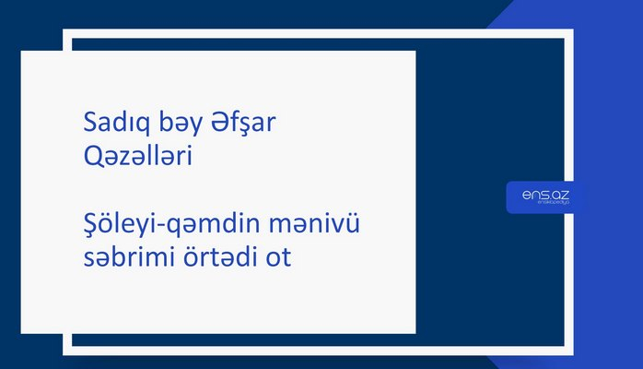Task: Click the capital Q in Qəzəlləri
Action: point(89,158)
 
